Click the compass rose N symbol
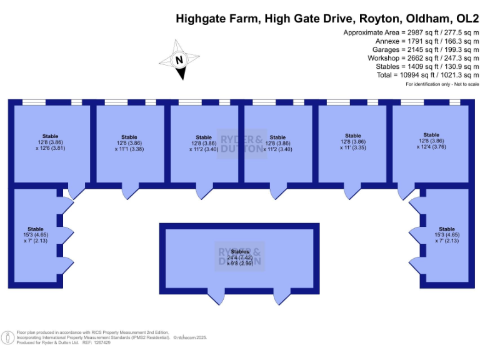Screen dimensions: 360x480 pyautogui.click(x=179, y=61)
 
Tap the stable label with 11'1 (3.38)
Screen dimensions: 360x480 pyautogui.click(x=129, y=143)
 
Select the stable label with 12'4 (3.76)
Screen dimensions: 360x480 pyautogui.click(x=431, y=141)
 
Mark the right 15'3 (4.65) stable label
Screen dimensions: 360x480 pyautogui.click(x=447, y=234)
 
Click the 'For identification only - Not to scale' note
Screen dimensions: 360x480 pyautogui.click(x=442, y=84)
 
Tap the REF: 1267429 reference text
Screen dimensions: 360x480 pyautogui.click(x=96, y=342)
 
